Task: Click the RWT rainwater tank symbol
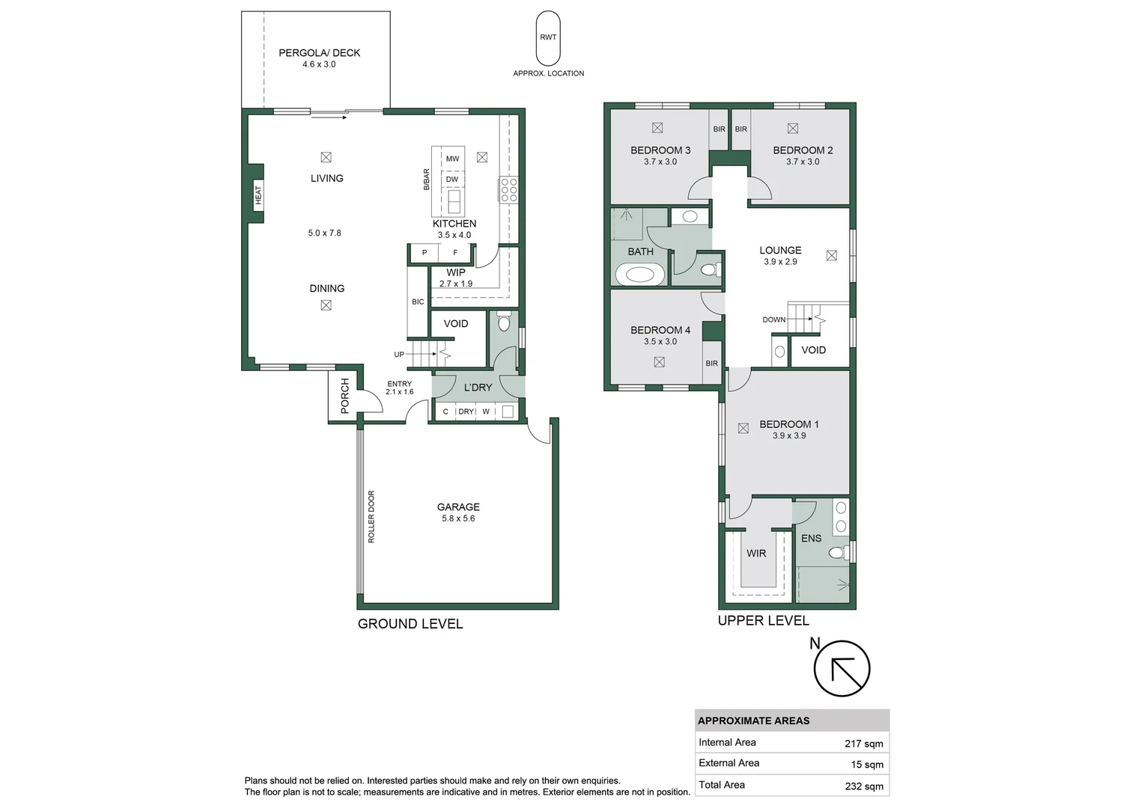[x=548, y=37]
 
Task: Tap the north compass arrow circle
[x=842, y=669]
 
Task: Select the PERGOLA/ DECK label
[x=319, y=53]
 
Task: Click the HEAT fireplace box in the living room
[x=258, y=194]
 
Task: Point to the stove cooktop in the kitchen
[x=508, y=190]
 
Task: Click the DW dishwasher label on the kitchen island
[x=452, y=180]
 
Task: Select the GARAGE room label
[x=458, y=507]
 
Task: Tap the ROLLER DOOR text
[x=371, y=516]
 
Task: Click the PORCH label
[x=345, y=396]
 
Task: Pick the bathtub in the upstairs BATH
[x=640, y=275]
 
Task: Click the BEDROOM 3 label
[x=660, y=150]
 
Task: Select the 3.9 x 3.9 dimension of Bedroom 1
[x=789, y=435]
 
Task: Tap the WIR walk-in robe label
[x=756, y=554]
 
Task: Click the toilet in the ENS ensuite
[x=838, y=553]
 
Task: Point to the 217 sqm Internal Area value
[x=863, y=744]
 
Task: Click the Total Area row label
[x=722, y=785]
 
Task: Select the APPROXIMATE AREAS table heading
[x=753, y=720]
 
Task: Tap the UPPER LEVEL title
[x=763, y=620]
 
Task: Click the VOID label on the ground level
[x=455, y=324]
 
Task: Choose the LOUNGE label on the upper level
[x=780, y=251]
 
